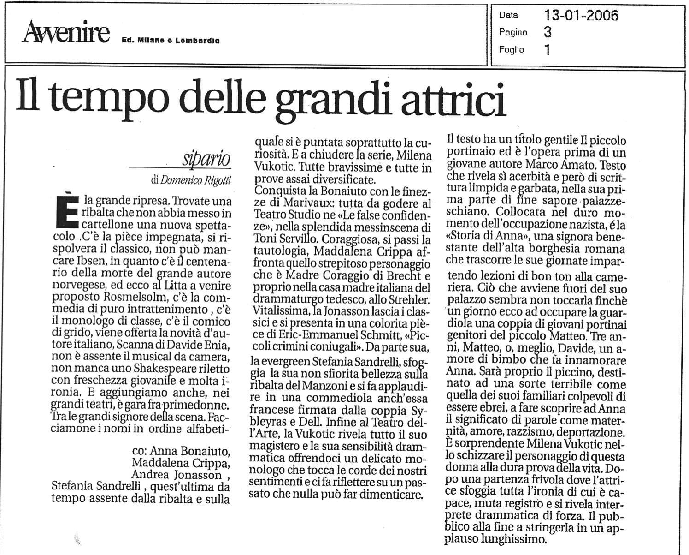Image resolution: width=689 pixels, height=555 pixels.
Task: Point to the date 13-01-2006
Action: tap(581, 15)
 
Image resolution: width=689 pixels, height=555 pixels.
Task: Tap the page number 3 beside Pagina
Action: tap(548, 32)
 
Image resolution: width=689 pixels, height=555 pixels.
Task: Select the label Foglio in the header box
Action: tap(511, 49)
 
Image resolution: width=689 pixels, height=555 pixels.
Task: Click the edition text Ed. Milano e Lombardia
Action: tap(170, 41)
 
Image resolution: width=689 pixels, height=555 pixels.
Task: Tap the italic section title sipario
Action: tap(206, 159)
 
